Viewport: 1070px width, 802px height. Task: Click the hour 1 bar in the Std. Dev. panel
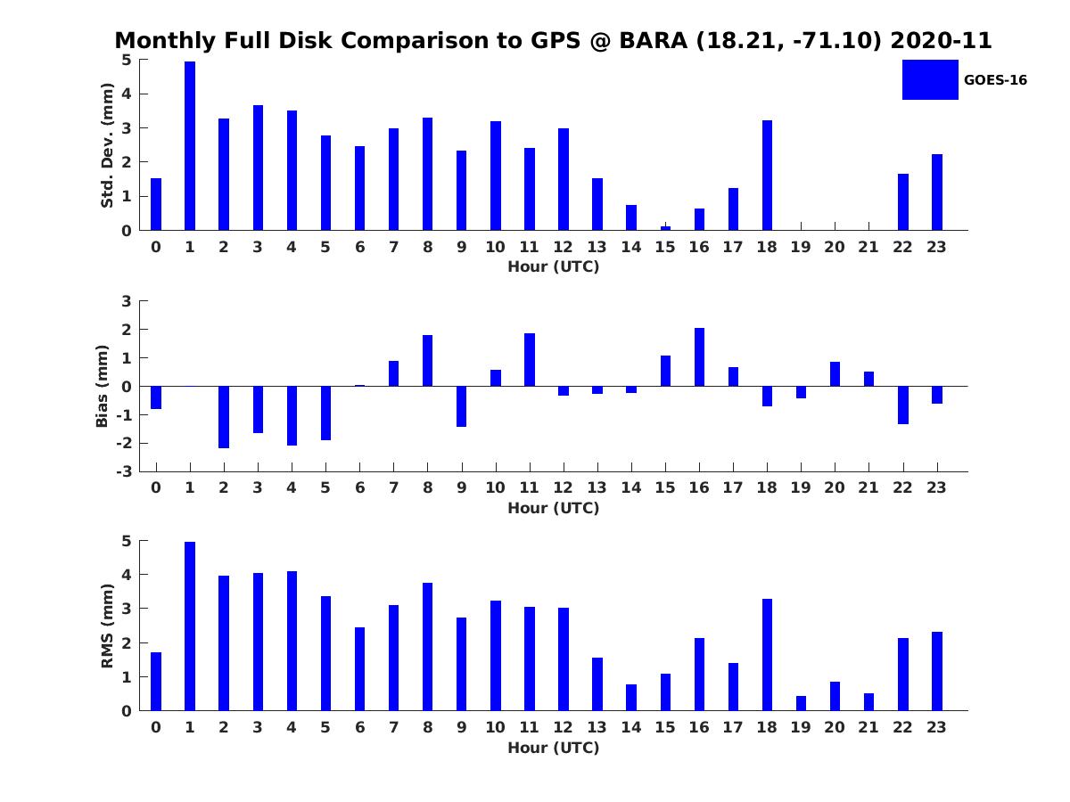tap(190, 146)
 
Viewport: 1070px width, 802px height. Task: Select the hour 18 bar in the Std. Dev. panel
tap(767, 176)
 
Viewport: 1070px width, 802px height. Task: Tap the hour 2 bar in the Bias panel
tap(224, 417)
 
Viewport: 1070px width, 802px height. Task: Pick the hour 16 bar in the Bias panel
tap(699, 357)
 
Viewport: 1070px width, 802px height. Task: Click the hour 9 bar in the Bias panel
tap(461, 406)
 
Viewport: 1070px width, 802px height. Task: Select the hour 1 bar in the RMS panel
tap(190, 626)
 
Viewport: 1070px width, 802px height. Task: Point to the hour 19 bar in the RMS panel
tap(801, 703)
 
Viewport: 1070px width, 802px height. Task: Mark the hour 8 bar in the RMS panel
tap(427, 647)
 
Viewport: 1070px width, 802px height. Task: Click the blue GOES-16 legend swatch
tap(930, 79)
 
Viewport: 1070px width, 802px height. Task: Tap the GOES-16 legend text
tap(995, 80)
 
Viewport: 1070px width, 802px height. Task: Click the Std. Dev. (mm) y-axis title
tap(107, 145)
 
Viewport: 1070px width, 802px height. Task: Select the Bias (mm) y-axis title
tap(103, 386)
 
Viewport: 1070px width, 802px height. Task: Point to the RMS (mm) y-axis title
tap(107, 626)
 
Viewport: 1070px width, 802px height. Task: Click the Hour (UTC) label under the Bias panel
tap(553, 508)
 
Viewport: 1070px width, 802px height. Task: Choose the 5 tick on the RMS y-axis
tap(127, 541)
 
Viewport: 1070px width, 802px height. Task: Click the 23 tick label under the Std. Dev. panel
tap(936, 247)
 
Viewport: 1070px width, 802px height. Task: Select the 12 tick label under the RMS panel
tap(563, 727)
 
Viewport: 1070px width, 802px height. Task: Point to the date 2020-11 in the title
tap(941, 41)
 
